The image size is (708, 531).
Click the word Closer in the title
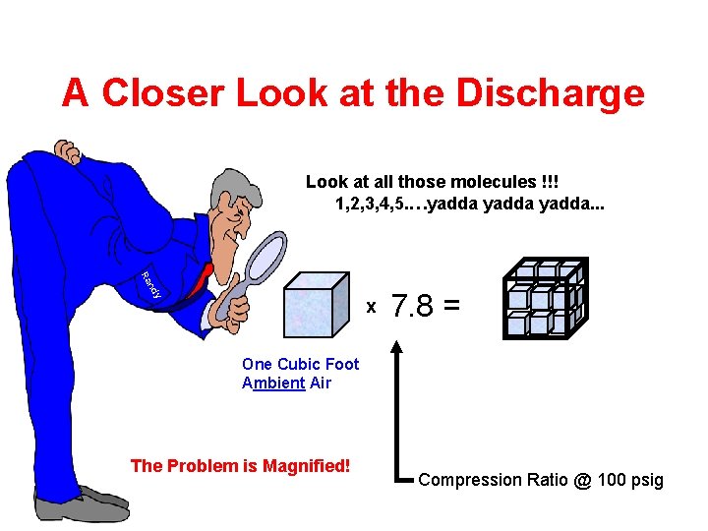[167, 92]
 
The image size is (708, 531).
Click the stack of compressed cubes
[545, 299]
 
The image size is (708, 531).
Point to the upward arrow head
[397, 345]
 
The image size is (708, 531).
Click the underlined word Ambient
[273, 383]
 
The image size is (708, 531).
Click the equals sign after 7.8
[451, 307]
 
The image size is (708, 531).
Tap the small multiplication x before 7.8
[371, 308]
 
